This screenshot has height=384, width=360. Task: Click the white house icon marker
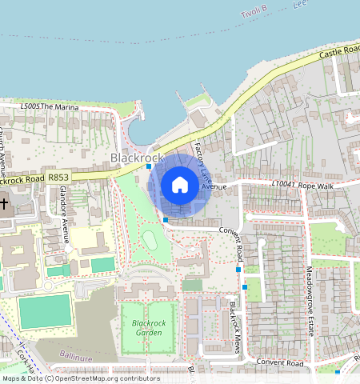click(x=180, y=186)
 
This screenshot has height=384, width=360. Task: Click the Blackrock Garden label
click(x=147, y=328)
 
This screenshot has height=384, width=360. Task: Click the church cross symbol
click(x=4, y=202)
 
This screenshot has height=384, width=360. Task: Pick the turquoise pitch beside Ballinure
click(x=45, y=311)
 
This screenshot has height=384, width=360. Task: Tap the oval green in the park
click(x=150, y=239)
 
